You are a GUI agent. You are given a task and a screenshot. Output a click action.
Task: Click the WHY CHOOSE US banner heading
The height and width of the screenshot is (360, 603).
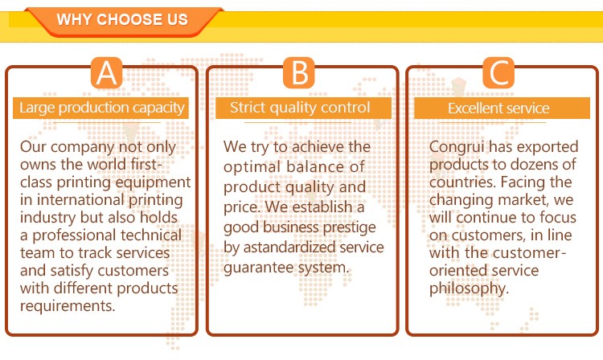point(122,19)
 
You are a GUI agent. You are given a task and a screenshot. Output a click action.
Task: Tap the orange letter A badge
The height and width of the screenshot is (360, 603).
point(106,72)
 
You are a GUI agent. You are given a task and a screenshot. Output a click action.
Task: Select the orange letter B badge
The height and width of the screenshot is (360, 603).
point(299,72)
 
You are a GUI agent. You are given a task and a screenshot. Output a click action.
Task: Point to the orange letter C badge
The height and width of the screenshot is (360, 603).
point(498,72)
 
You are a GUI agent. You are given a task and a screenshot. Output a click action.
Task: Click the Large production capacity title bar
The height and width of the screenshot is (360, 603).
point(100,108)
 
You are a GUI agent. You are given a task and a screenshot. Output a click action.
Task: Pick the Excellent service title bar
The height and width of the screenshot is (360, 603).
point(502,108)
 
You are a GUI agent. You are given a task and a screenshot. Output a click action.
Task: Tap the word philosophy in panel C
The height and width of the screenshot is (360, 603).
point(469,288)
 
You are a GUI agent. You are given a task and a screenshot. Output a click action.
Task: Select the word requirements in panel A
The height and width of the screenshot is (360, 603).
point(68,306)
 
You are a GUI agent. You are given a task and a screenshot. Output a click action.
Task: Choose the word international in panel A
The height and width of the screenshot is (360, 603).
point(80,200)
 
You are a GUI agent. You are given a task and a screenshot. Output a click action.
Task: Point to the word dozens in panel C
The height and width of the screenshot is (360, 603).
point(534,165)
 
